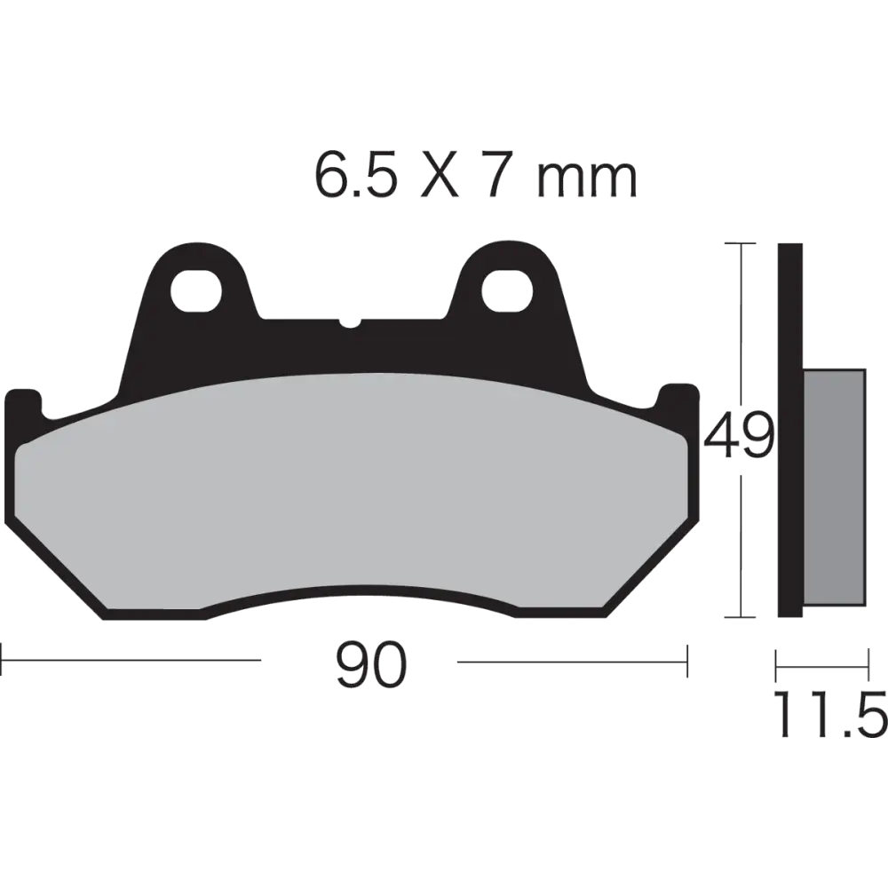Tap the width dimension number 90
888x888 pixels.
[373, 664]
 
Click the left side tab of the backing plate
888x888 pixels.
[23, 404]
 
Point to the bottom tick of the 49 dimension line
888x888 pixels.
[741, 615]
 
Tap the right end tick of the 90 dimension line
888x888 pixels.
[686, 662]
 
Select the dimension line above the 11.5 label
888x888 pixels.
[822, 662]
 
